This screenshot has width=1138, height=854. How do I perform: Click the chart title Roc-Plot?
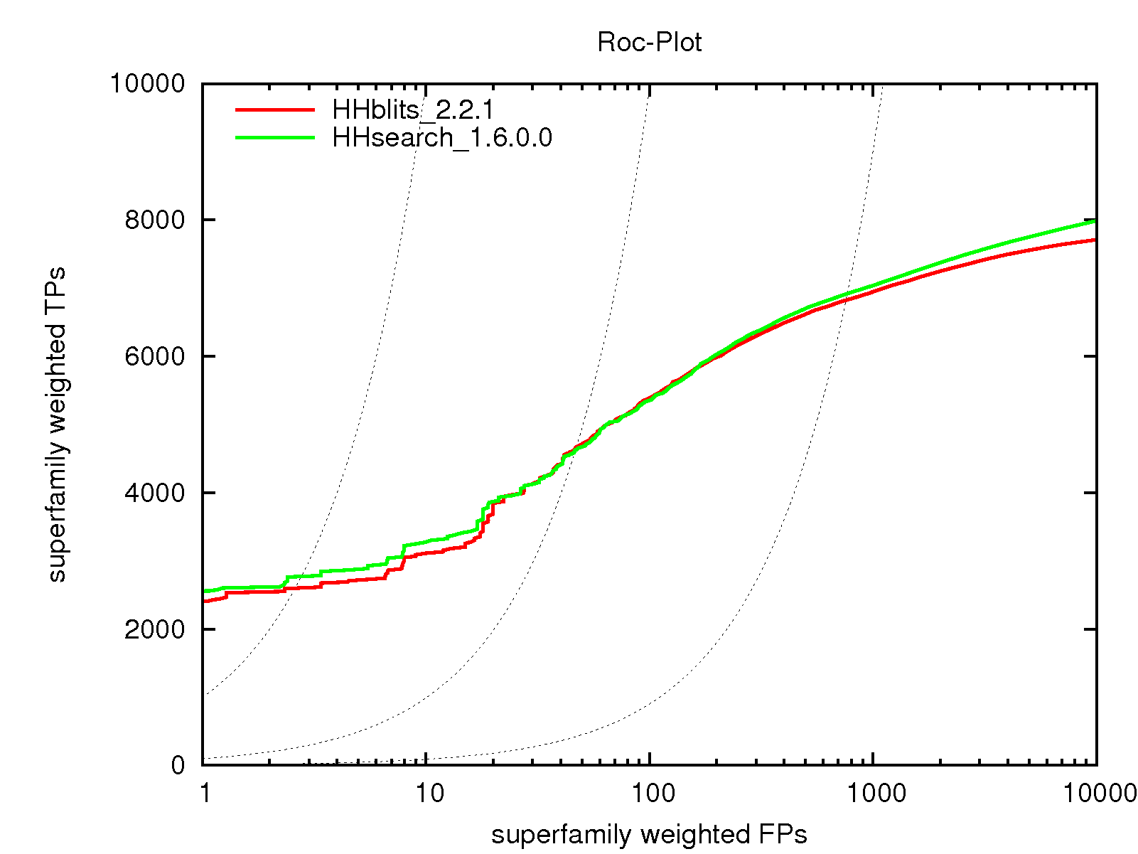coord(649,43)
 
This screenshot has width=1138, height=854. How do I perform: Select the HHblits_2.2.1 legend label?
coord(413,110)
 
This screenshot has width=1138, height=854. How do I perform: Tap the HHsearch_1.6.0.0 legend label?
coord(442,137)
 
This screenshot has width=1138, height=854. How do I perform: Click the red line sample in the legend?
coord(274,110)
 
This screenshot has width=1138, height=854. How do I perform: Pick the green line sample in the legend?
coord(274,137)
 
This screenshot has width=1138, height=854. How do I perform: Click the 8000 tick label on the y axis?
coord(154,220)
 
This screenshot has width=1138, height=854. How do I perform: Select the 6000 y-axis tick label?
coord(154,356)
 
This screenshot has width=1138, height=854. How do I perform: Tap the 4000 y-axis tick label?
coord(154,493)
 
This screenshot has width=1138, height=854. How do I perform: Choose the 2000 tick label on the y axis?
coord(154,629)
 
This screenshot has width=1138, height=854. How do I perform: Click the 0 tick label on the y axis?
coord(178,766)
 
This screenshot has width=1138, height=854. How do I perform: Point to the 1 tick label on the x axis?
coord(205,793)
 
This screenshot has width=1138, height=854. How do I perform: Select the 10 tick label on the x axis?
coord(427,793)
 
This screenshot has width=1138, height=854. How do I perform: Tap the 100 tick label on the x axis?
coord(650,793)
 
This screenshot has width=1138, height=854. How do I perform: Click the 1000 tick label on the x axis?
coord(873,793)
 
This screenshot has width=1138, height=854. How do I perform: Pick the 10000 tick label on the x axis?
coord(1096,793)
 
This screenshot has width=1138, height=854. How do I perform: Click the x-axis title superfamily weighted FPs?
coord(649,834)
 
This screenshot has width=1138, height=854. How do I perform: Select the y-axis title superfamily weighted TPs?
coord(57,425)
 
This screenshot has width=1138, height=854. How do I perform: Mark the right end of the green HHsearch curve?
coord(1095,221)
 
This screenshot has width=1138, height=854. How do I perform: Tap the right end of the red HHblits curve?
coord(1095,240)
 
